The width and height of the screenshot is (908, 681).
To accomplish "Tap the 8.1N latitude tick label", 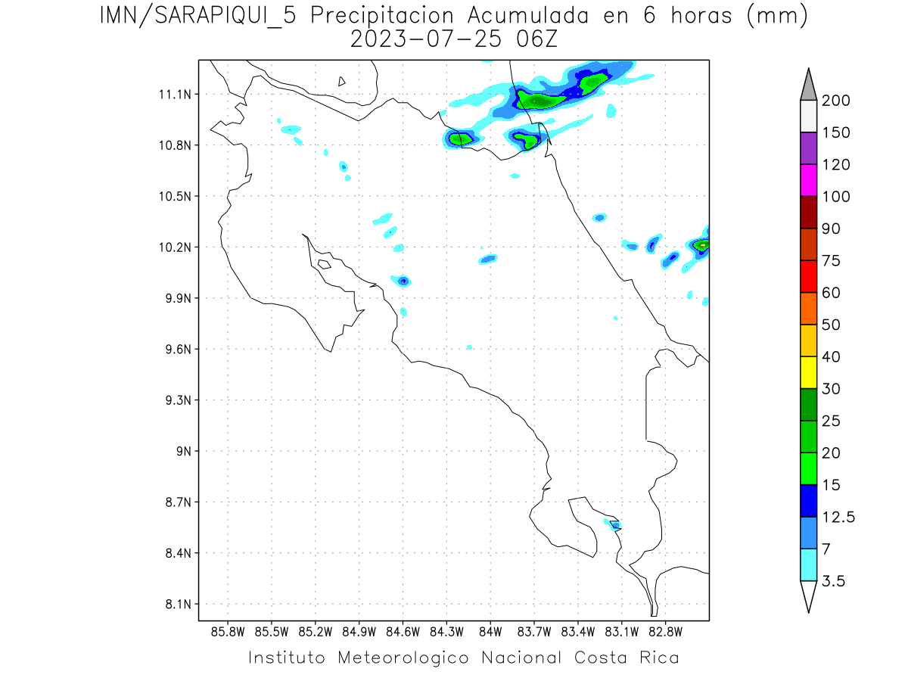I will [x=173, y=605].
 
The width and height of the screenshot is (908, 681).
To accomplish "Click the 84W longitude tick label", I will [x=490, y=631].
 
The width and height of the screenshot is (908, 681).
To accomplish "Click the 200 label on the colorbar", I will [x=836, y=101].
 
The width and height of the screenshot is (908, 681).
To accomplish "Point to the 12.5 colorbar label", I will [x=838, y=517].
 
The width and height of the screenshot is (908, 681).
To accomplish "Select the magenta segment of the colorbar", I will [x=808, y=180].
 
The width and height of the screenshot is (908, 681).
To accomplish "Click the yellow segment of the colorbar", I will [x=808, y=372].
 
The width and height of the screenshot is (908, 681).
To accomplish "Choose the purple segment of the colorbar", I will [x=808, y=148].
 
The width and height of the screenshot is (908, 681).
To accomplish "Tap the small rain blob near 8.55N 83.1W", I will [x=615, y=524].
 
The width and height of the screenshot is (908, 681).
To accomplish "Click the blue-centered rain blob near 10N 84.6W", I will [x=403, y=281].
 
